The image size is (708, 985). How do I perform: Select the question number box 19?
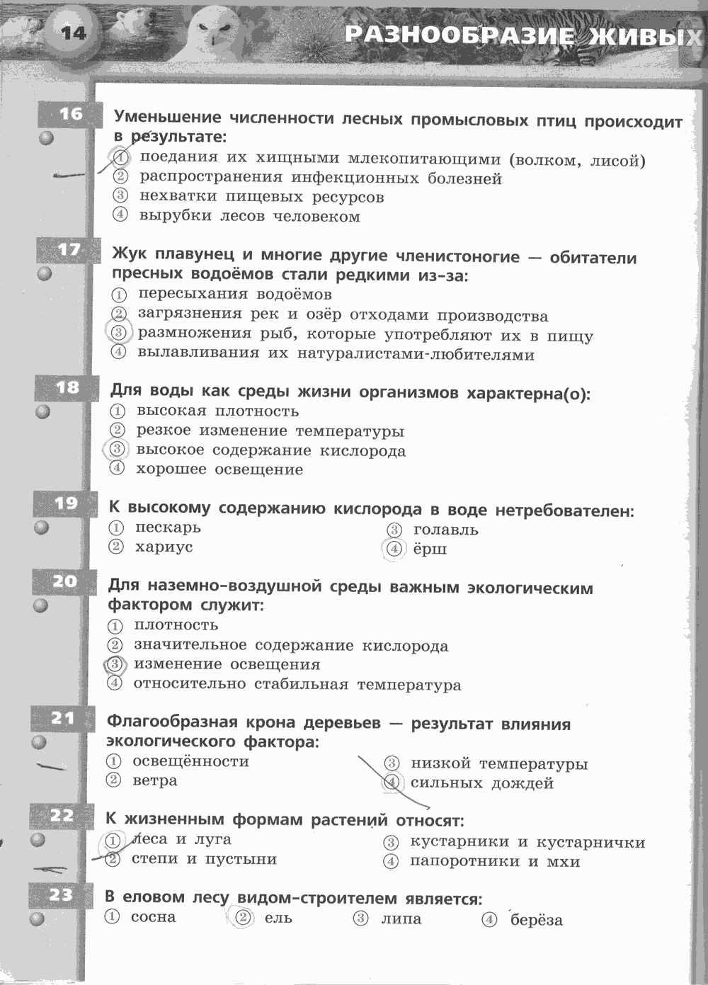pyautogui.click(x=66, y=503)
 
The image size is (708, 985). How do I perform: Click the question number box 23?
pyautogui.click(x=62, y=895)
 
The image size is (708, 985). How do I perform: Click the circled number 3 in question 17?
pyautogui.click(x=118, y=332)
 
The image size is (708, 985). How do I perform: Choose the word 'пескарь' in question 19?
pyautogui.click(x=168, y=528)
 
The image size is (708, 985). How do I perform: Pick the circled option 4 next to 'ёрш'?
pyautogui.click(x=394, y=549)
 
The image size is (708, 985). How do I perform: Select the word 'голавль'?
pyautogui.click(x=445, y=530)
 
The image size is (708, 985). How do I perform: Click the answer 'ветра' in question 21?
pyautogui.click(x=154, y=780)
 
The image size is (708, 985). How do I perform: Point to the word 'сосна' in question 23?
pyautogui.click(x=153, y=917)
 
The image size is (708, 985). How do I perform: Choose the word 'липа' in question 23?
pyautogui.click(x=401, y=919)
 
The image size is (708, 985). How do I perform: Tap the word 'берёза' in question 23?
pyautogui.click(x=536, y=920)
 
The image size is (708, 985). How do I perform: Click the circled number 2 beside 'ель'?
pyautogui.click(x=243, y=918)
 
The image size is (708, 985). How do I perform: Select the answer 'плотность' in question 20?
pyautogui.click(x=176, y=625)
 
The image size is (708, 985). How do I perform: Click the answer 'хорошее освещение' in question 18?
pyautogui.click(x=219, y=469)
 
